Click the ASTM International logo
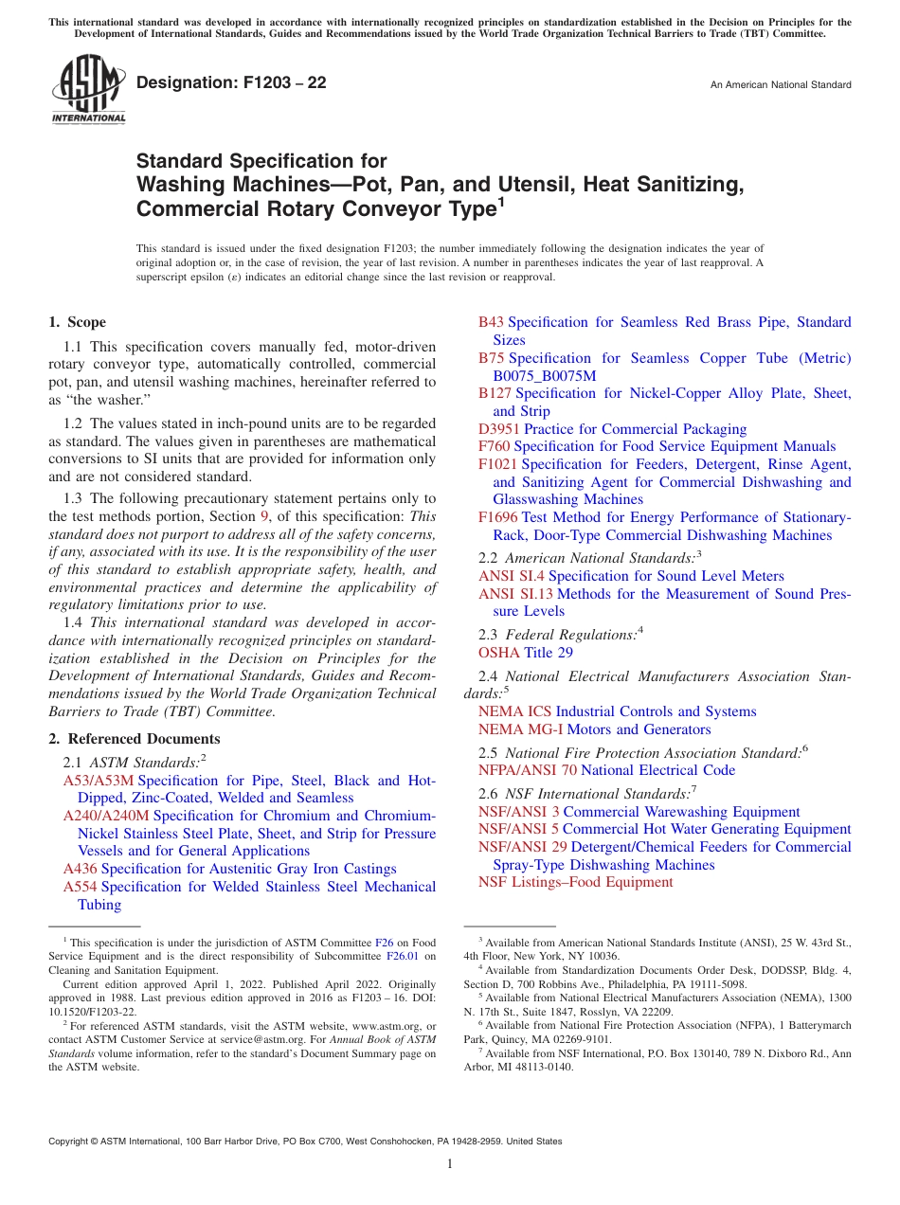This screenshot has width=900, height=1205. coord(87,90)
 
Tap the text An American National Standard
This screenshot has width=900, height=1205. coord(781,85)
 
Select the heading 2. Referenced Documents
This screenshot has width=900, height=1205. coord(134,739)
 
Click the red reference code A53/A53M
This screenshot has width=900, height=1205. coord(99,781)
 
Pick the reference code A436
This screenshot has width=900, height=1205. coord(80,869)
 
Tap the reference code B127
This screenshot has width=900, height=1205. coord(495,393)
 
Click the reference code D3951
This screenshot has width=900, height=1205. coord(499,429)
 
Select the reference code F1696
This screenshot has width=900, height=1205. coord(497,517)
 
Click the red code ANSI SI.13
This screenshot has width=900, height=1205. coord(515,594)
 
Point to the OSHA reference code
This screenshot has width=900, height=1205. coord(498,653)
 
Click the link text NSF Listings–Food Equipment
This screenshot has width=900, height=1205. coord(575,882)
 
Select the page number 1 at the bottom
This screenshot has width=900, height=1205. coord(450,1164)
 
